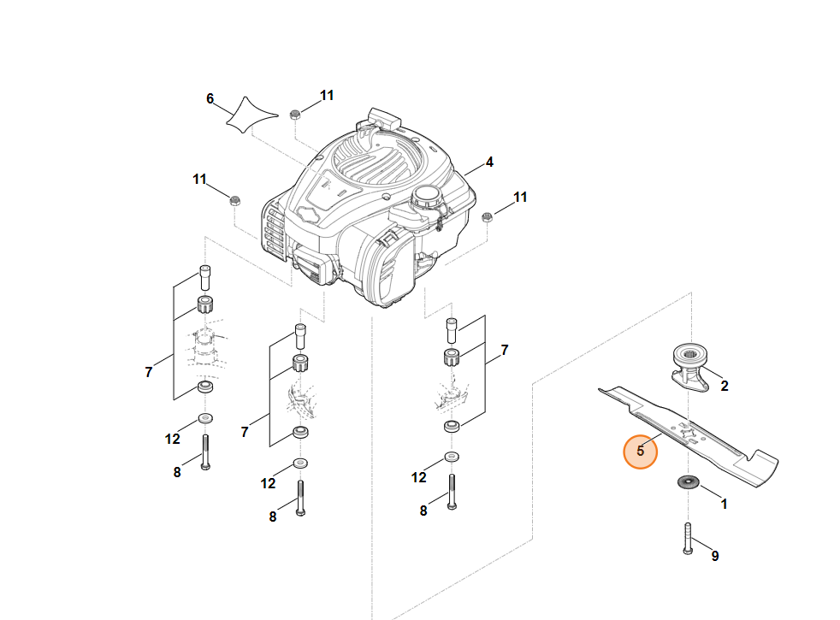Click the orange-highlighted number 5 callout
(640, 452)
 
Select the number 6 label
(210, 99)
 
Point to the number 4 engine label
(489, 162)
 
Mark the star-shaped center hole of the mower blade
(687, 432)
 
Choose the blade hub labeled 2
(690, 366)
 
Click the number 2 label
(725, 386)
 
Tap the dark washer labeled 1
(689, 482)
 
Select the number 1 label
(724, 505)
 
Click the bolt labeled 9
(688, 539)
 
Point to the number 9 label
(714, 556)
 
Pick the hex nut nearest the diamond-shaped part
(294, 114)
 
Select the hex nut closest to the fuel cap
(487, 217)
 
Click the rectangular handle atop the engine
(384, 118)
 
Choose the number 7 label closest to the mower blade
(504, 350)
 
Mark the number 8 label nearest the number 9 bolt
(423, 511)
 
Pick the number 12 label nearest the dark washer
(418, 477)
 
